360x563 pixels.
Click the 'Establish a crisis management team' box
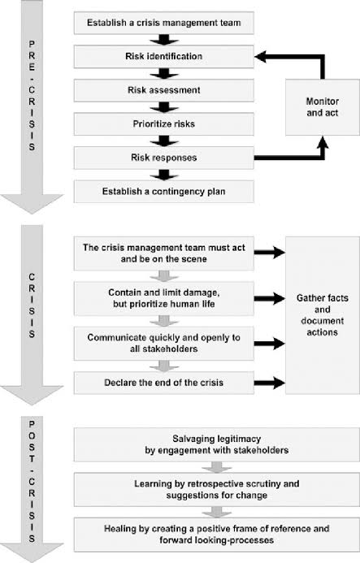coord(164,23)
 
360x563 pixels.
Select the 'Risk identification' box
coord(164,56)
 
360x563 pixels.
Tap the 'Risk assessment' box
coord(164,90)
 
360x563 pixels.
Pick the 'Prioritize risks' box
coord(164,123)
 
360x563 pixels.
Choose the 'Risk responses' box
coord(164,158)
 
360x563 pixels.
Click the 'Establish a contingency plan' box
coord(164,192)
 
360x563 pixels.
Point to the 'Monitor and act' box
coord(323,107)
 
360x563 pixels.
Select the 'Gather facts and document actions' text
coord(323,315)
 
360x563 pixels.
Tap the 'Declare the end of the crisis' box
coord(164,383)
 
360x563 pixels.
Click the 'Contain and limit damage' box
coord(164,298)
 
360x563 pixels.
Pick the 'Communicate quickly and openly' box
coord(164,344)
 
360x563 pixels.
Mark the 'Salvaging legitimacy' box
coord(217,444)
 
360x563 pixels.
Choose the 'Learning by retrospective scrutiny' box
coord(217,489)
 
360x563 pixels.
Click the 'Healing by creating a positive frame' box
coord(217,535)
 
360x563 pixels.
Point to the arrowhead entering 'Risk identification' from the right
coord(260,56)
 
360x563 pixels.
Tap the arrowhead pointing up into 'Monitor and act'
coord(323,141)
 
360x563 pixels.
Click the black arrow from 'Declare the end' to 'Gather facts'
coord(270,383)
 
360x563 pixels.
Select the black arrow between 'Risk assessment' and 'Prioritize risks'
coord(164,107)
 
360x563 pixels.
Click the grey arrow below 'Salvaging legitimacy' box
coord(217,467)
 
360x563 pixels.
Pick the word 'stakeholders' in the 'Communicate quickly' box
coord(164,349)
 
